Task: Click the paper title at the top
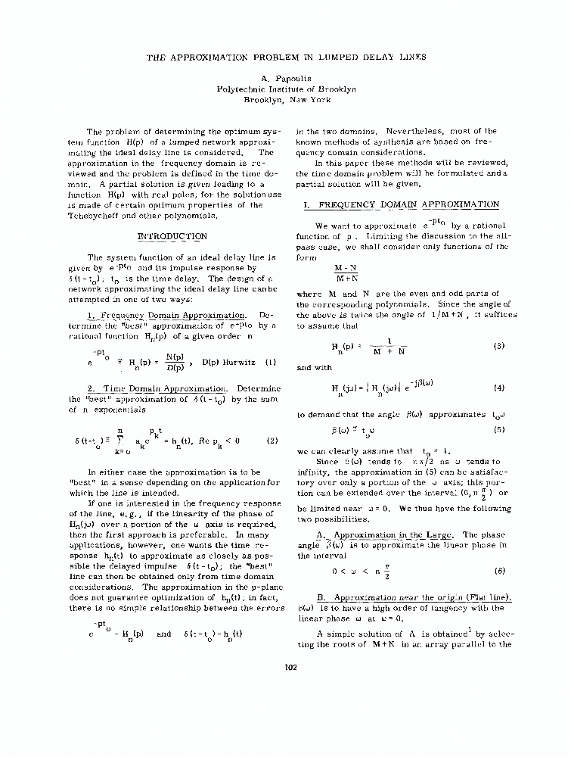pos(286,56)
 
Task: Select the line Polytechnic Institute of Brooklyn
pos(286,89)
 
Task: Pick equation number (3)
pos(498,346)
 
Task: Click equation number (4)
pos(498,388)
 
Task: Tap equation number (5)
pos(498,430)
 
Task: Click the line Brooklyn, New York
pos(286,99)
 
